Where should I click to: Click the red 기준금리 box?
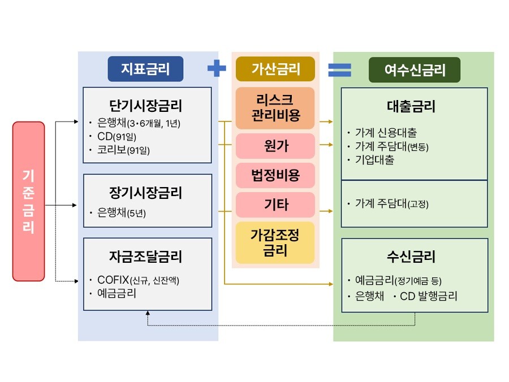tap(28, 201)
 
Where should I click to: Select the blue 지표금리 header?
tap(146, 69)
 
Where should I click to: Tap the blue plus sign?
tap(217, 69)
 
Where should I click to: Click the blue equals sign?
tap(339, 70)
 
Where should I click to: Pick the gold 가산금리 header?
tap(275, 69)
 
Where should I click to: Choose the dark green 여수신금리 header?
tap(415, 70)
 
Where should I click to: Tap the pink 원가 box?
tap(275, 146)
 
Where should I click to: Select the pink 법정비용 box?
tap(275, 175)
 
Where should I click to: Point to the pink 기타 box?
tap(275, 205)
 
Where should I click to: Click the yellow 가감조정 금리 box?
tap(275, 242)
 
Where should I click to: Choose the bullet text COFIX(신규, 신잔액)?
tap(142, 280)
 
